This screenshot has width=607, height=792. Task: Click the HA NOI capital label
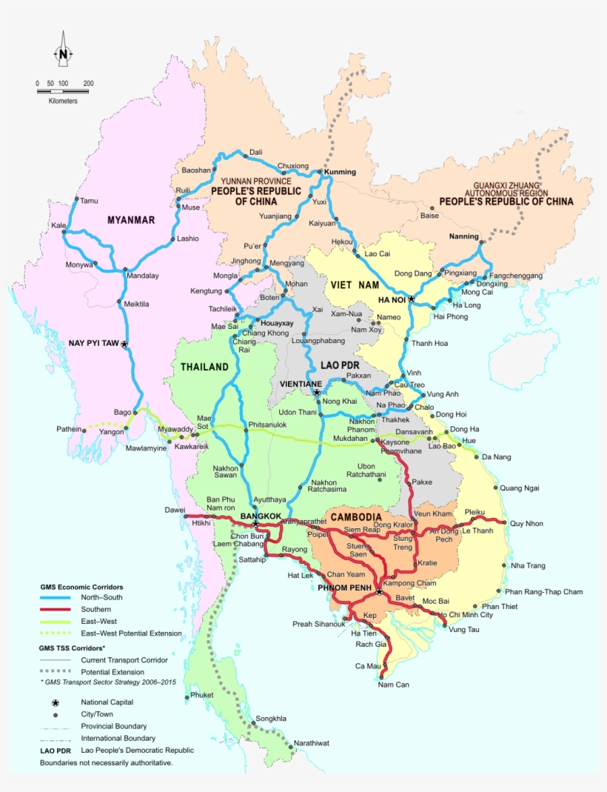(393, 300)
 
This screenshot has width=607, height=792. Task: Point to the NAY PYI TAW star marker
(124, 345)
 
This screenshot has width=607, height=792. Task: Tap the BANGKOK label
(261, 516)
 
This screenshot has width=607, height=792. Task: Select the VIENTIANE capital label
(301, 384)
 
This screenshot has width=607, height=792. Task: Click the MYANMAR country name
(131, 220)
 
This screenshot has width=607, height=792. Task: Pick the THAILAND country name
(204, 367)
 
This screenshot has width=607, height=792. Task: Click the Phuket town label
(201, 696)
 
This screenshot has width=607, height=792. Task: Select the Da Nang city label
(496, 457)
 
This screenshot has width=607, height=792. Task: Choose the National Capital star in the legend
(54, 702)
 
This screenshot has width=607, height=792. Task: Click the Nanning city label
(464, 237)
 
